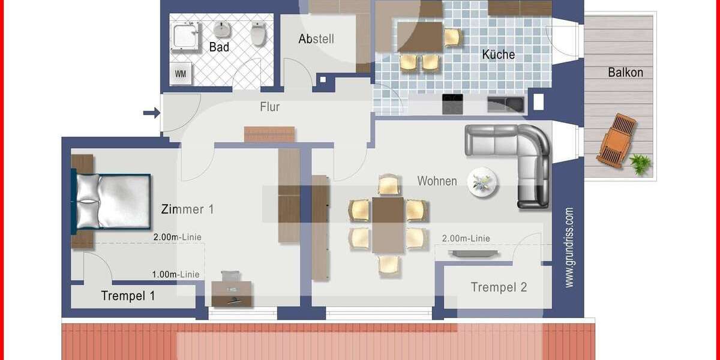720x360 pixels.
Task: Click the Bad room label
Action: tap(219, 47)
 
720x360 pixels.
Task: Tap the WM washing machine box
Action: tap(180, 74)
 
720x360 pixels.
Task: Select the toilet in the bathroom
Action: tap(259, 34)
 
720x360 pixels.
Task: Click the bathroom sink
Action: tap(222, 29)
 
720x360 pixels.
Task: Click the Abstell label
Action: tap(316, 39)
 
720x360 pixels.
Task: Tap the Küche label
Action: tap(498, 55)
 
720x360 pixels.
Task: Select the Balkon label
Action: tap(625, 73)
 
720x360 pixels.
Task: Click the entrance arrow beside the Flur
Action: tap(151, 112)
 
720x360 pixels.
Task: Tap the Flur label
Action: tap(269, 107)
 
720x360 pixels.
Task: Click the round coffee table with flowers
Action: tap(482, 181)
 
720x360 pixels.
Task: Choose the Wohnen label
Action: tap(437, 181)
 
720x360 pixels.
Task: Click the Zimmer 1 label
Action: tap(187, 209)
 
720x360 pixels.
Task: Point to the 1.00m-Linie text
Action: tap(176, 275)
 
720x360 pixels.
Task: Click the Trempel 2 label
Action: tap(499, 287)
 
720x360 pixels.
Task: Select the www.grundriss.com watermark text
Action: tap(569, 247)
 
